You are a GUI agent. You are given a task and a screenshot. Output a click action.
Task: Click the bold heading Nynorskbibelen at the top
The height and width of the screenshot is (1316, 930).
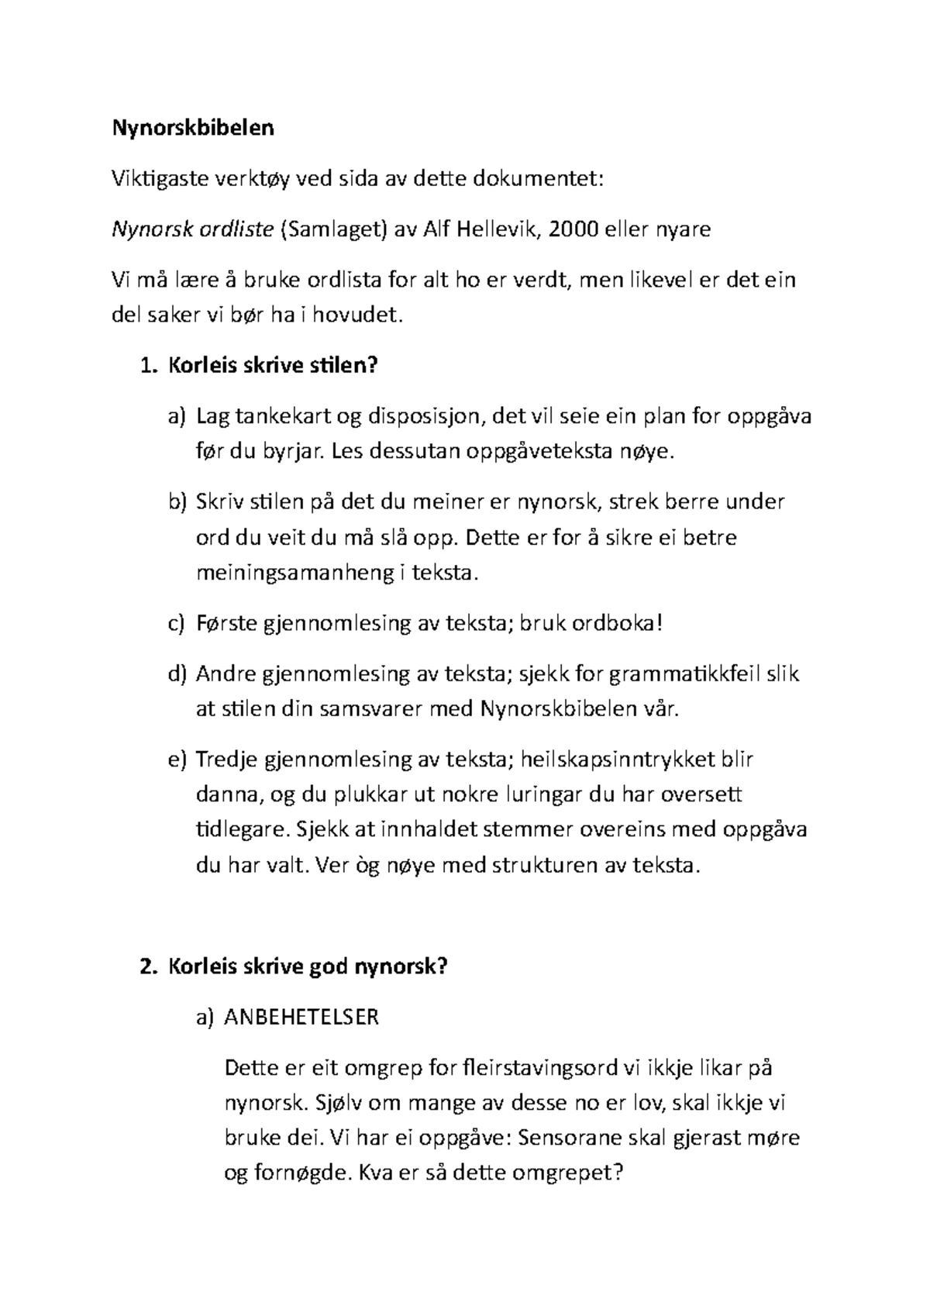click(193, 128)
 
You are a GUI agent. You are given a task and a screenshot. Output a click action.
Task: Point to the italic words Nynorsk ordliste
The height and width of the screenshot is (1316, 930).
click(193, 229)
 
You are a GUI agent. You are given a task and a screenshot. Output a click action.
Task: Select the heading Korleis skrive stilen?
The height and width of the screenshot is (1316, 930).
click(272, 365)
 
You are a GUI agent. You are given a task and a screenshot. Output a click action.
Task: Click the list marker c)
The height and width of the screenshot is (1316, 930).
click(177, 623)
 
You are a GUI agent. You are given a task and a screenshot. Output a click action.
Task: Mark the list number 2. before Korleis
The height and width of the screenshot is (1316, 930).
click(147, 966)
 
